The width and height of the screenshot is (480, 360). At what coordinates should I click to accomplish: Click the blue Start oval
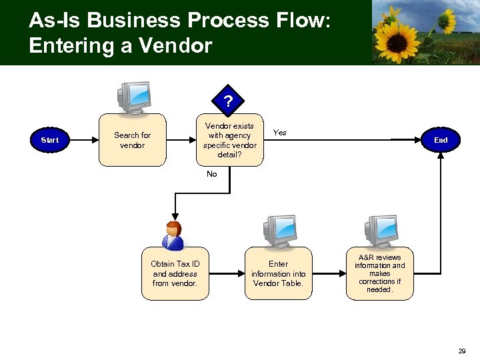click(x=49, y=140)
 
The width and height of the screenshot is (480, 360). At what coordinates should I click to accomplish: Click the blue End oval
click(x=441, y=140)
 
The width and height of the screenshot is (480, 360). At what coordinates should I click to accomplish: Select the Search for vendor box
click(x=132, y=140)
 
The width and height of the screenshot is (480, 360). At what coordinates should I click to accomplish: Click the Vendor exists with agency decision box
click(x=229, y=140)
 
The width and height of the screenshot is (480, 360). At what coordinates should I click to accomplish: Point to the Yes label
click(x=281, y=133)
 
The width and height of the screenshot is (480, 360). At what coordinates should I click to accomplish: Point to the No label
click(x=212, y=174)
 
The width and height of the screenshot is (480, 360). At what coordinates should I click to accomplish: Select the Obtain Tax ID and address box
click(x=175, y=273)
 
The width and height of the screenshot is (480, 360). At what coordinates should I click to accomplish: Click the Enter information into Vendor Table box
click(x=278, y=273)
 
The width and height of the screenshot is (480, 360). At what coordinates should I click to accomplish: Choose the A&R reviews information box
click(x=379, y=273)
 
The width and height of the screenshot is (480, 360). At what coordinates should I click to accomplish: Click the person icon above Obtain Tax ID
click(x=174, y=235)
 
